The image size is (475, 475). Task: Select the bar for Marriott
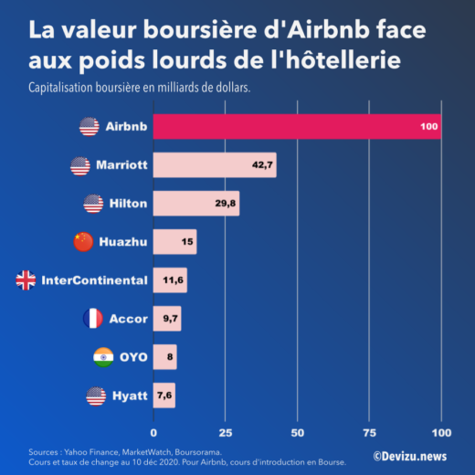[x=215, y=165]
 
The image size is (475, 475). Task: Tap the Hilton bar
[x=195, y=204]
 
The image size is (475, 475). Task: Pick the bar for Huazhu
[x=174, y=242]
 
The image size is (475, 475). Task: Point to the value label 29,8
[x=226, y=204]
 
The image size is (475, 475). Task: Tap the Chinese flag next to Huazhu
[x=83, y=242]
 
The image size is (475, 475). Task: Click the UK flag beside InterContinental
[x=26, y=280]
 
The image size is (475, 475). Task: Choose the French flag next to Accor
[x=92, y=319]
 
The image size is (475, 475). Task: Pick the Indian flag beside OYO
[x=103, y=357]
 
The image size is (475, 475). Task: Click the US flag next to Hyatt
[x=96, y=396]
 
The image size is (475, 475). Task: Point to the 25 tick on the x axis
[x=226, y=431]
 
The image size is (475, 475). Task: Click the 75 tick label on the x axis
[x=370, y=431]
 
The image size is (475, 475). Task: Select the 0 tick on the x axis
[x=153, y=431]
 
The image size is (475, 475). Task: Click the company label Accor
[x=128, y=319]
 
